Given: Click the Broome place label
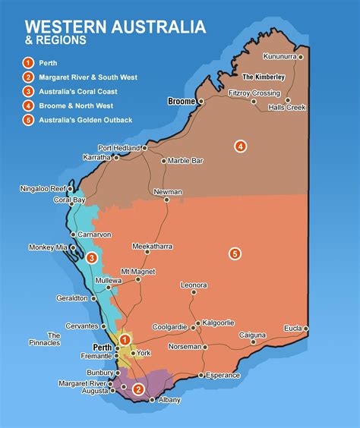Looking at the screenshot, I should [x=181, y=100].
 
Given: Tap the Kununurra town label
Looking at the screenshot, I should [x=281, y=57].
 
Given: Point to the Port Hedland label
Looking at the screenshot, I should [x=118, y=147].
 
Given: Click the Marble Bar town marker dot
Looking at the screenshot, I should [x=163, y=161].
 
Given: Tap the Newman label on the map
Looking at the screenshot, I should [x=167, y=192].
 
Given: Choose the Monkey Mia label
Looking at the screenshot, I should [x=48, y=247].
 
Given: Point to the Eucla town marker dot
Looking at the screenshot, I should [x=306, y=329].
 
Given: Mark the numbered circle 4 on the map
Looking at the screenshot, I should [x=240, y=146].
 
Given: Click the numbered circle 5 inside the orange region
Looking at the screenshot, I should [x=235, y=253].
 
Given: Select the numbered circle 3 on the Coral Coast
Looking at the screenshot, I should [x=92, y=258].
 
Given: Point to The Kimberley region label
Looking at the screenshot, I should [x=263, y=77].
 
